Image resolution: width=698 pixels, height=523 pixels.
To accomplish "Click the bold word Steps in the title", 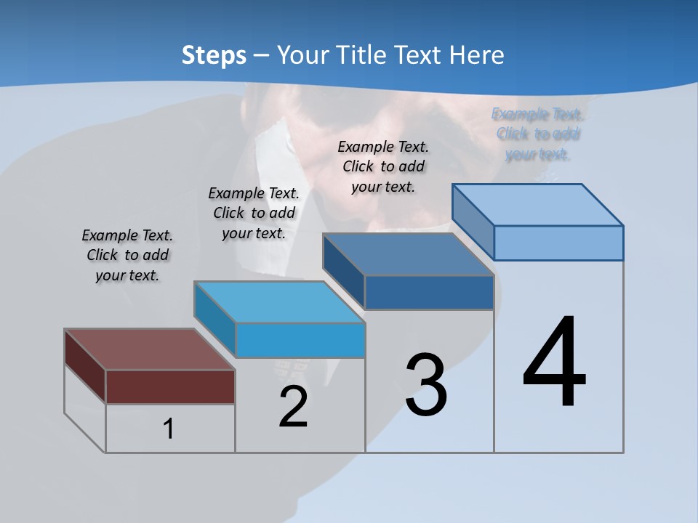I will (x=214, y=55).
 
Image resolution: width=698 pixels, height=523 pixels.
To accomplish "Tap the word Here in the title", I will (x=477, y=55).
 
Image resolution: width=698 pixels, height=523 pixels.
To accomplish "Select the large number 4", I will (x=555, y=362).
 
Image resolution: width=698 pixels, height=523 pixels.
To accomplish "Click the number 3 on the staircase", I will (x=426, y=385).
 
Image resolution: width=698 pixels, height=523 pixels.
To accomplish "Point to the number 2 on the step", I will (x=293, y=407).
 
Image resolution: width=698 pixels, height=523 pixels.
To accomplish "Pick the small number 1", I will (x=169, y=429).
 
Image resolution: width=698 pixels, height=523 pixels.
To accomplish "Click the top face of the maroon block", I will (x=148, y=349).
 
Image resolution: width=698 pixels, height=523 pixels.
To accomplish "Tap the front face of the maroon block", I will (x=170, y=386).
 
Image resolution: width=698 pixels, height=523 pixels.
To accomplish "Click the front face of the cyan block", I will (x=300, y=340).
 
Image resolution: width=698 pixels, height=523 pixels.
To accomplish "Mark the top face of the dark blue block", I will (x=408, y=254).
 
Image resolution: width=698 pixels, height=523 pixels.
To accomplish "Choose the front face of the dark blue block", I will (x=429, y=292).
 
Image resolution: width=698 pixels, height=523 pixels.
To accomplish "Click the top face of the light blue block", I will (x=537, y=204).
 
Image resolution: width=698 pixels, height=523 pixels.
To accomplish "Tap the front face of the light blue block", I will (x=558, y=243).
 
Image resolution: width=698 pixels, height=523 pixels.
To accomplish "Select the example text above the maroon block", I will (x=127, y=255).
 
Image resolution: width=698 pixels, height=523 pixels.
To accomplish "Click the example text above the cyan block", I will (x=254, y=213).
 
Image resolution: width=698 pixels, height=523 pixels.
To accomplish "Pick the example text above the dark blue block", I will (x=383, y=166).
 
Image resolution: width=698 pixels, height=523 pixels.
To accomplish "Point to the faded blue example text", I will (x=538, y=134).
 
